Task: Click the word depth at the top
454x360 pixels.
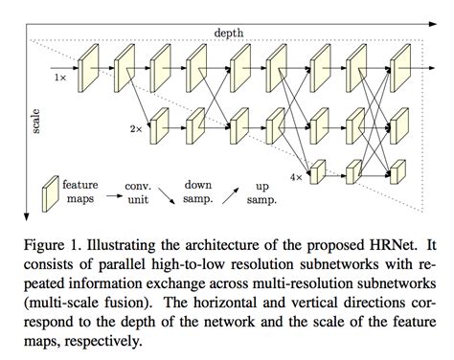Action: pos(228,32)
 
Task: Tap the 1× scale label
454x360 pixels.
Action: pos(60,74)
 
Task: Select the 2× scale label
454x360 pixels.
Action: pos(136,126)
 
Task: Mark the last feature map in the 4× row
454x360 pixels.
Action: pos(390,171)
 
